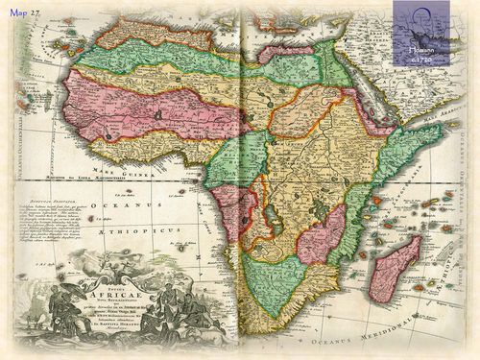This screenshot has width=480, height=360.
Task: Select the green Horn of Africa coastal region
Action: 394,158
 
